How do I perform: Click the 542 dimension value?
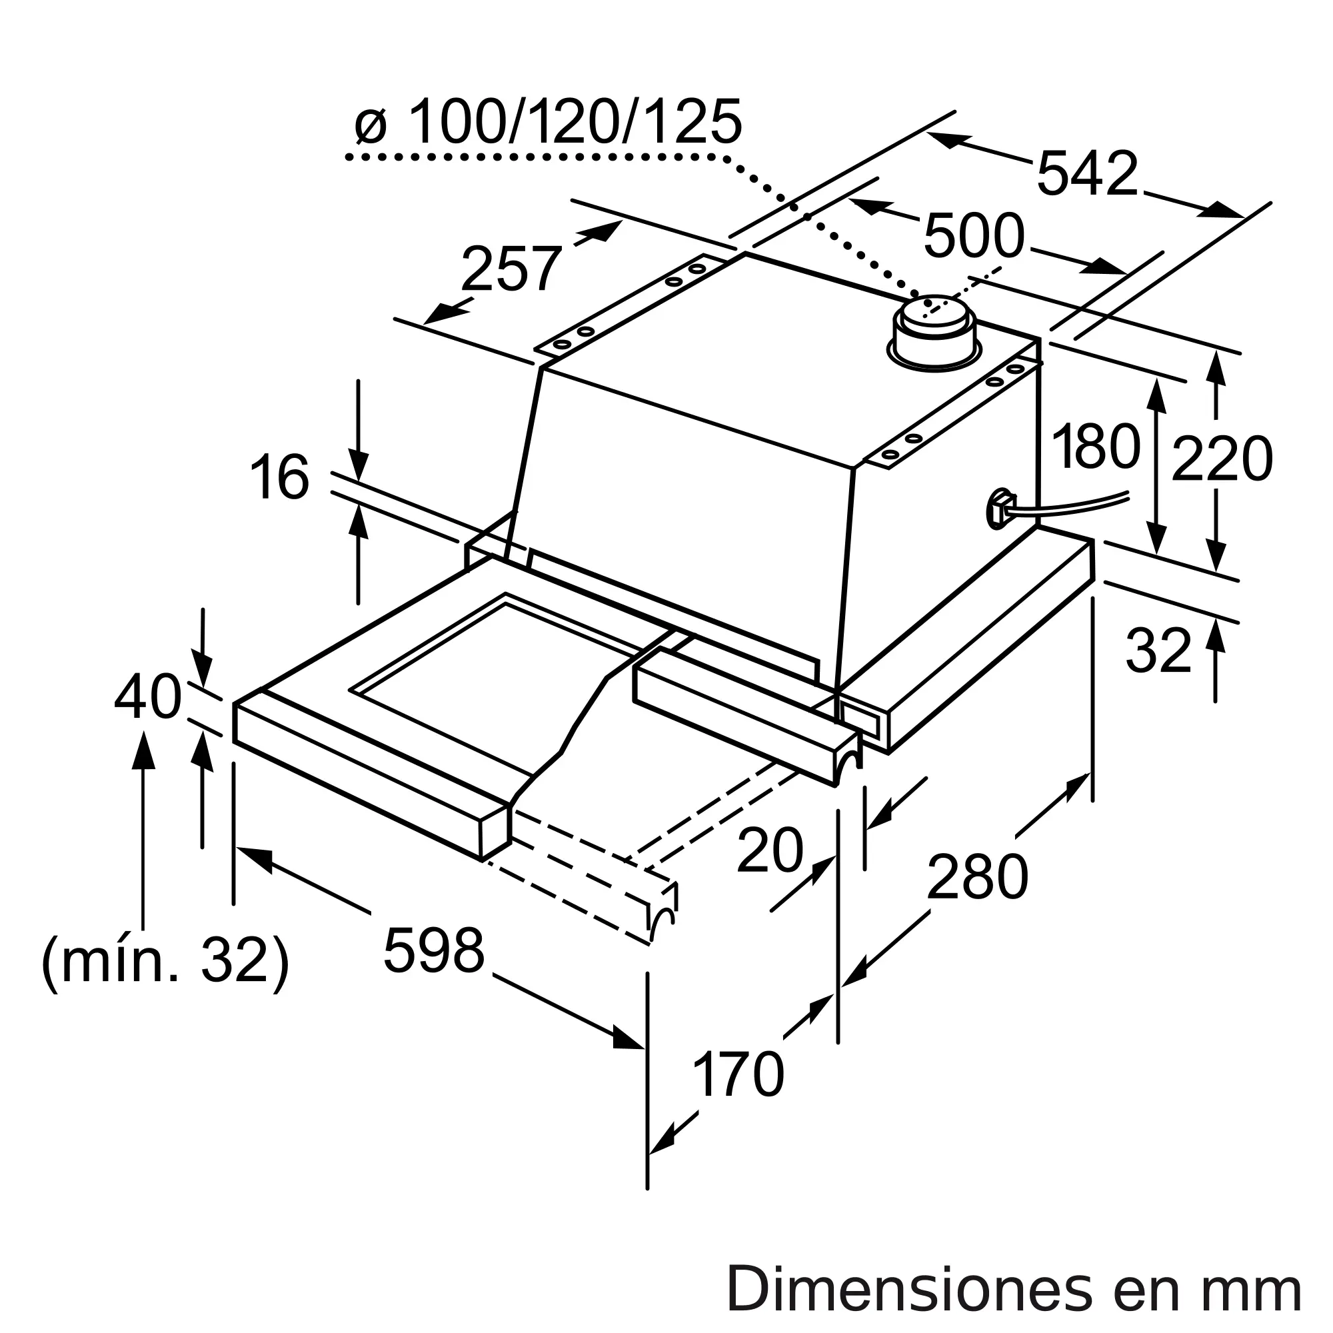pyautogui.click(x=1087, y=174)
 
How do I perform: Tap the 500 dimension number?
pyautogui.click(x=974, y=236)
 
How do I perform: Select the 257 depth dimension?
pyautogui.click(x=511, y=269)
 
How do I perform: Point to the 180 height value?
pyautogui.click(x=1096, y=447)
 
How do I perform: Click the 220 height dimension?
pyautogui.click(x=1222, y=459)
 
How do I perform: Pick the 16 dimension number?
pyautogui.click(x=279, y=477)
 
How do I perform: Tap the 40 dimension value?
pyautogui.click(x=148, y=698)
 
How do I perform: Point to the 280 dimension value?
pyautogui.click(x=977, y=877)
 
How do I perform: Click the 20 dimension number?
pyautogui.click(x=770, y=850)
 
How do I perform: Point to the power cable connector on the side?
pyautogui.click(x=1001, y=509)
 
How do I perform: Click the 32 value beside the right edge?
pyautogui.click(x=1158, y=651)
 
